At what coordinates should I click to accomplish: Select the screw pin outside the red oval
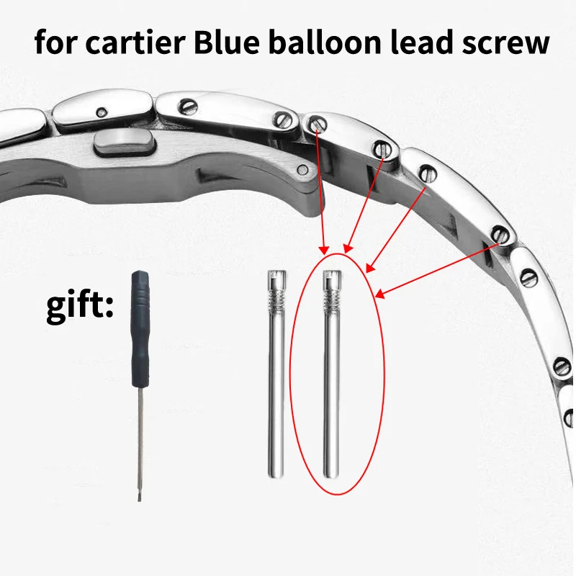click(276, 374)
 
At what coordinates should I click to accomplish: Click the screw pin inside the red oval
click(332, 374)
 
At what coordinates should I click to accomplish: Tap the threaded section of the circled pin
click(332, 296)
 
